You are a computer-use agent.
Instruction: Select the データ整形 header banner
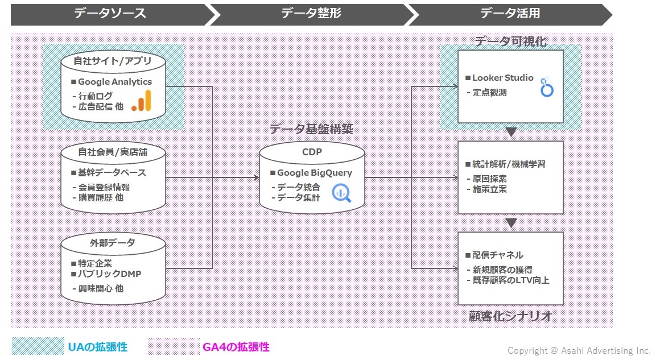pos(311,14)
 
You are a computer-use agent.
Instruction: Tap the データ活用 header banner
pos(510,14)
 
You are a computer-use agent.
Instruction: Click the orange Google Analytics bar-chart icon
pos(142,101)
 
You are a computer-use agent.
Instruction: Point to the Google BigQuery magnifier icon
pos(341,193)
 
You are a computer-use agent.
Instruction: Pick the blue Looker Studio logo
pos(547,87)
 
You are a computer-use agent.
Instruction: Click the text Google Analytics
pos(115,81)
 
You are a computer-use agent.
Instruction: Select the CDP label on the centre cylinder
pos(312,152)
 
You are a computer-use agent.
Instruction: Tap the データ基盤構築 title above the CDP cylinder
pos(311,129)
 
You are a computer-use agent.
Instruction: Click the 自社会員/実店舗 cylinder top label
pos(113,152)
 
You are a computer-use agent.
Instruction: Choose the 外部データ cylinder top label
pos(113,243)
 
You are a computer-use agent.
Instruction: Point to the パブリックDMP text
pos(109,274)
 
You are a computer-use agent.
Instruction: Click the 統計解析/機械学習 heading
pos(509,164)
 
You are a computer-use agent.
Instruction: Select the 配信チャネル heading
pos(497,255)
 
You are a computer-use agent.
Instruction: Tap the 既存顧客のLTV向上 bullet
pos(510,280)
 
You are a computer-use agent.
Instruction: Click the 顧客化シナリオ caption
pos(510,316)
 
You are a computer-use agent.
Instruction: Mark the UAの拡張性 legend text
pos(98,347)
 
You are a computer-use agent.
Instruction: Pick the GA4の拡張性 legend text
pos(236,347)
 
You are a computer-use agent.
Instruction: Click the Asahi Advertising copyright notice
pos(579,350)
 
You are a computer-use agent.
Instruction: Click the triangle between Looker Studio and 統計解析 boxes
pos(511,132)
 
